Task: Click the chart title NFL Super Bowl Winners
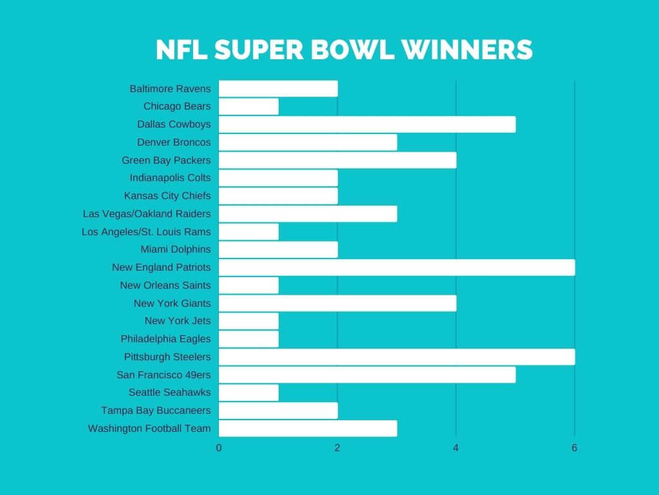[x=344, y=50]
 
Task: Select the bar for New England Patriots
[x=396, y=267]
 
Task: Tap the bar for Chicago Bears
[x=248, y=106]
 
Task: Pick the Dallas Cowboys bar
[x=367, y=124]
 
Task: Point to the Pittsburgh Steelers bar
[x=396, y=357]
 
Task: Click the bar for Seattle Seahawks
[x=248, y=393]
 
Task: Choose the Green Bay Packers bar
[x=337, y=160]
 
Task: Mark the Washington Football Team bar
[x=308, y=429]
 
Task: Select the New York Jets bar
[x=248, y=321]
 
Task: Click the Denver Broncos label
[x=174, y=142]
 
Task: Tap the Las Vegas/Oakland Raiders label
[x=147, y=214]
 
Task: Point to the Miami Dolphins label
[x=176, y=249]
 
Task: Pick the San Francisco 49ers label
[x=163, y=374]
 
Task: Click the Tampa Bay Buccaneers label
[x=156, y=411]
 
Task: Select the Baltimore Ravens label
[x=170, y=89]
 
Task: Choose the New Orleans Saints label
[x=165, y=286]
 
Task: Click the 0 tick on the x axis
[x=219, y=448]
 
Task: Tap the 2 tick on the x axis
[x=337, y=448]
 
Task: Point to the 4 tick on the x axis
[x=456, y=448]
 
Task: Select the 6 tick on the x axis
[x=575, y=448]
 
